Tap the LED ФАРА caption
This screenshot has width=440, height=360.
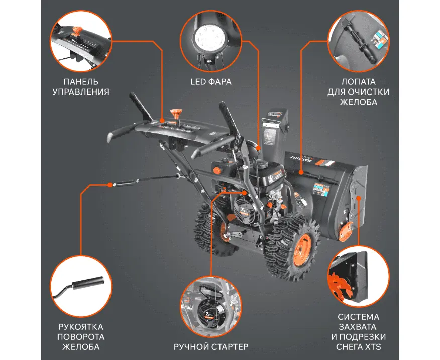(211, 81)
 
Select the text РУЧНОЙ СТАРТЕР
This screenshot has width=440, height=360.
(211, 347)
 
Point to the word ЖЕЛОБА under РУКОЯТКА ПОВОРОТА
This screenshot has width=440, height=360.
(81, 347)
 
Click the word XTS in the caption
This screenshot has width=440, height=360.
(372, 347)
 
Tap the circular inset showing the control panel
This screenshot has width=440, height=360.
(78, 40)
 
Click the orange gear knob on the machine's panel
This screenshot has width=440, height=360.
(176, 113)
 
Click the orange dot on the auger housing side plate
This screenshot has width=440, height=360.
(359, 198)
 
